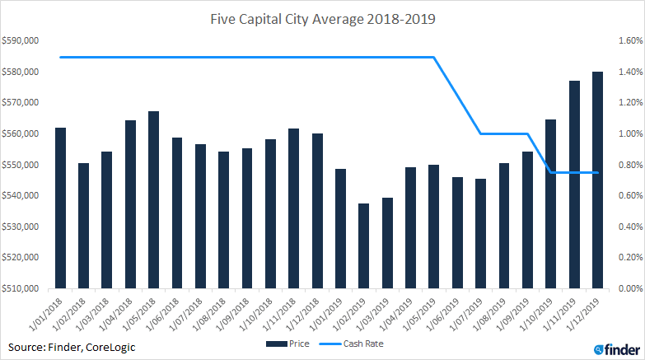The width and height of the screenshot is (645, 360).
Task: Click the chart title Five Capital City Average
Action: [x=322, y=17]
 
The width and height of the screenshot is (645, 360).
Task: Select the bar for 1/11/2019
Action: [x=574, y=185]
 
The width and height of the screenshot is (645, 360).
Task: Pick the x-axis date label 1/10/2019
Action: [x=541, y=312]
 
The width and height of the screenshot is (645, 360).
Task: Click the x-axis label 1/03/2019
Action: [x=379, y=312]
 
